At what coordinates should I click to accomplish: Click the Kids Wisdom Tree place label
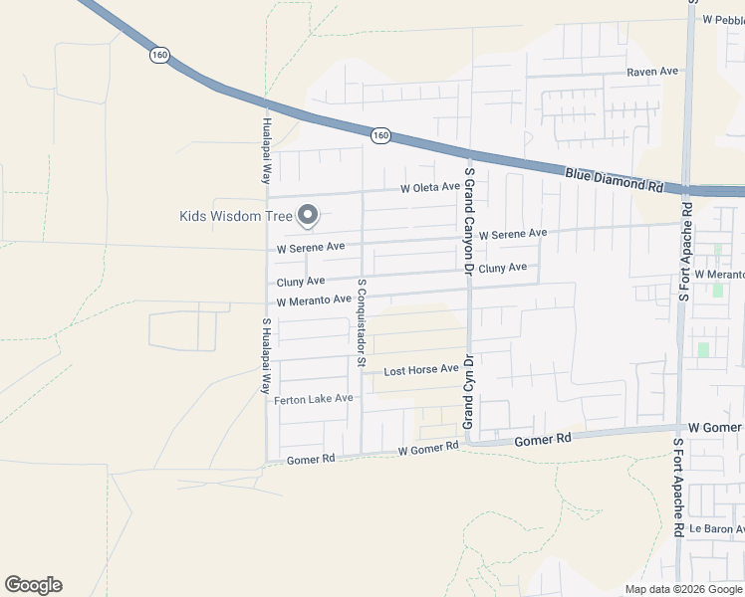tap(236, 215)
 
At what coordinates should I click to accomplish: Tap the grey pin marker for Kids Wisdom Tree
tap(309, 214)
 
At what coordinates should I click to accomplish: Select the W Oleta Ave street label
tap(430, 187)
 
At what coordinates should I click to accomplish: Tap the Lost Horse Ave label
tap(421, 370)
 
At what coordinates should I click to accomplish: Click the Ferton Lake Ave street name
tap(314, 398)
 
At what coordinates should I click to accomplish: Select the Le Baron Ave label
tap(717, 528)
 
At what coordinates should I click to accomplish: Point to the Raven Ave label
tap(652, 72)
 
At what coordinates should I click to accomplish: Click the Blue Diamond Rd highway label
tap(614, 179)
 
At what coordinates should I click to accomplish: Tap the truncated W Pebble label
tap(723, 19)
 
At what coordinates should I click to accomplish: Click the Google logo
tap(33, 585)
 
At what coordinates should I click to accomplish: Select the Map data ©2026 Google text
tap(683, 589)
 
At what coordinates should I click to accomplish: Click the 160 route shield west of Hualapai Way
tap(159, 55)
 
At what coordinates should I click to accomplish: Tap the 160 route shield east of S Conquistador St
tap(379, 134)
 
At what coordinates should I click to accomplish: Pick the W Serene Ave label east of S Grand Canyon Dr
tap(513, 234)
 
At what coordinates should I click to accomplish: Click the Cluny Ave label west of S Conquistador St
tap(301, 282)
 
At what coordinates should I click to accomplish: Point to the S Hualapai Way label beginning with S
tap(267, 354)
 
